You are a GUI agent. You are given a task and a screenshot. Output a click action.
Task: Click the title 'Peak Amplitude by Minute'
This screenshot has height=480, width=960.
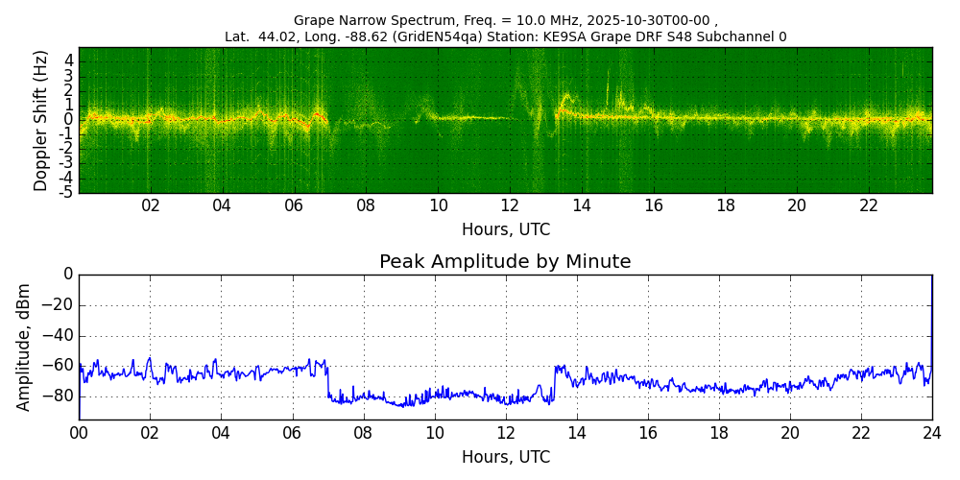505,262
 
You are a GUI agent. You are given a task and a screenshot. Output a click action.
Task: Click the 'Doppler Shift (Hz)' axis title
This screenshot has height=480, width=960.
41,121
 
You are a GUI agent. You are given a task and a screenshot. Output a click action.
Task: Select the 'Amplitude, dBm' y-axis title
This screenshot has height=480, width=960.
25,347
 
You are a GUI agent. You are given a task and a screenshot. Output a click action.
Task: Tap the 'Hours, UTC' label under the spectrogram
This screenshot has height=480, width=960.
505,230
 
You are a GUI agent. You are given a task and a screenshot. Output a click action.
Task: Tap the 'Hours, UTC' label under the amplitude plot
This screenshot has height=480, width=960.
505,457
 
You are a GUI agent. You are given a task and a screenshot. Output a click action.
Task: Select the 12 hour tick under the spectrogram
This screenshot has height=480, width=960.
510,205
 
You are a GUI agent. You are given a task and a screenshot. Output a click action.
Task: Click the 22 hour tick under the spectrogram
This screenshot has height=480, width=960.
869,205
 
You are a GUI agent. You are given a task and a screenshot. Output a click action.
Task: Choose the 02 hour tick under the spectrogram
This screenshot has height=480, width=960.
151,205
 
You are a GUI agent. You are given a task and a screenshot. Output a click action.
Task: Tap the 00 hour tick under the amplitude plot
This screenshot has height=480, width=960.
79,432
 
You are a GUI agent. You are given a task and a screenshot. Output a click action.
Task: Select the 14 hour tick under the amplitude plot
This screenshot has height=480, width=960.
577,432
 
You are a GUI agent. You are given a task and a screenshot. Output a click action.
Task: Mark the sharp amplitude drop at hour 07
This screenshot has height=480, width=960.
328,379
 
